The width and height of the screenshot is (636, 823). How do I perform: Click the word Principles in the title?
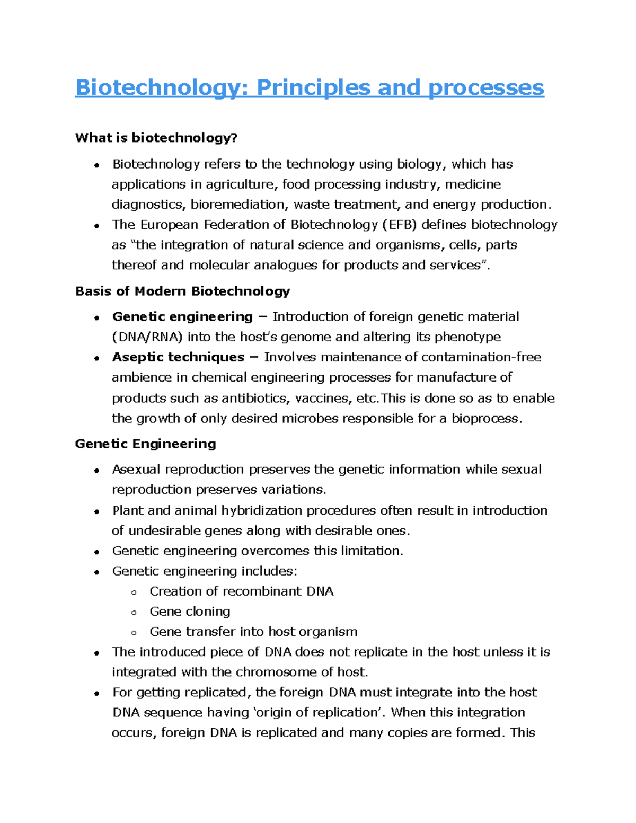[x=313, y=88]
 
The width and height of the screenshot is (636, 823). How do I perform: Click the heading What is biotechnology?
[x=156, y=138]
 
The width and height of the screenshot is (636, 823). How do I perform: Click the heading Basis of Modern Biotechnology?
[x=183, y=291]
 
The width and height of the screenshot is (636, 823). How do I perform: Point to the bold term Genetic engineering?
[x=182, y=317]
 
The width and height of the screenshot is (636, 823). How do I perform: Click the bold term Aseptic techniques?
[x=178, y=357]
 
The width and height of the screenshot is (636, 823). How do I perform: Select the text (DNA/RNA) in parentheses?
[x=147, y=337]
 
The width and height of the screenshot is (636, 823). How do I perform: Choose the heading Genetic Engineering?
[x=146, y=444]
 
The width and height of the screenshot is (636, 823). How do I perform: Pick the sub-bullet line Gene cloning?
[x=190, y=612]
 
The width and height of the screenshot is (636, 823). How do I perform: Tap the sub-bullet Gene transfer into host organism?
[x=253, y=632]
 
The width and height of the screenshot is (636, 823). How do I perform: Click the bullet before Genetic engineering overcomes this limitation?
[x=96, y=552]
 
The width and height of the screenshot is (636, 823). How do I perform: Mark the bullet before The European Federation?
[x=96, y=226]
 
